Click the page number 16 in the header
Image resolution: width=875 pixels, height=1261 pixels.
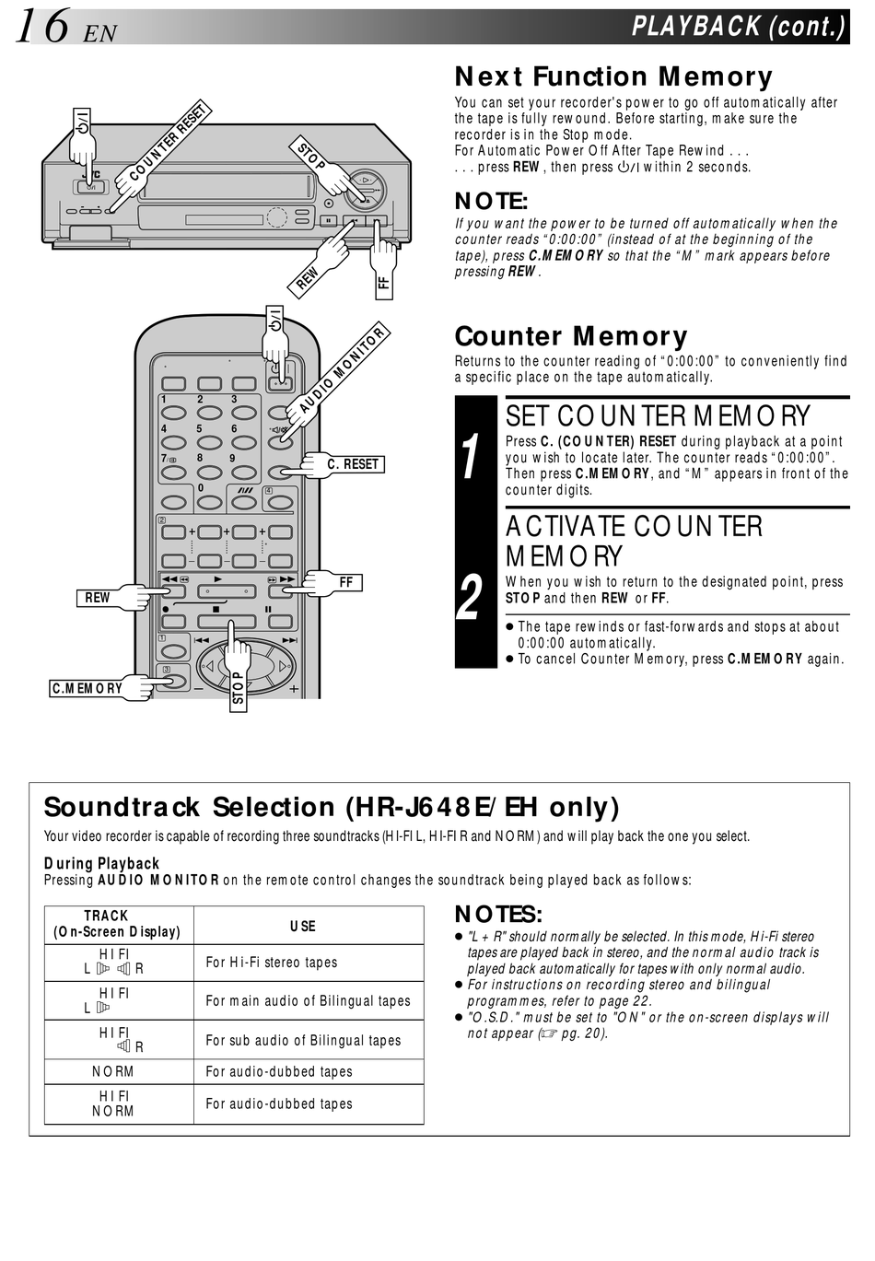(x=41, y=26)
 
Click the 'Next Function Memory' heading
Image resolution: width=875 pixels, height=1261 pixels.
(x=613, y=76)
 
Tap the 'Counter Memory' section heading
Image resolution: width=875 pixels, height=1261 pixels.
(x=571, y=336)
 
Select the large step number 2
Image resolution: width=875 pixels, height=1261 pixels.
(x=471, y=598)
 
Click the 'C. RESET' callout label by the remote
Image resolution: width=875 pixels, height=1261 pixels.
(x=354, y=464)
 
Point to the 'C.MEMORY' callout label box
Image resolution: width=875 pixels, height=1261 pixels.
(x=87, y=688)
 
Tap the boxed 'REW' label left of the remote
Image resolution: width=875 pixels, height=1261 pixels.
(x=98, y=598)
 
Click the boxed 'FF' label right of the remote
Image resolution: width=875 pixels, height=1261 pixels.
(x=346, y=582)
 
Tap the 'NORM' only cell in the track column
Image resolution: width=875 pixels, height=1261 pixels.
(x=113, y=1071)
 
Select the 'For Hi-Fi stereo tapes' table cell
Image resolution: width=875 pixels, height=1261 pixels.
(x=272, y=962)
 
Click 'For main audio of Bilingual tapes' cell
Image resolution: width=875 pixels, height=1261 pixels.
(x=308, y=1000)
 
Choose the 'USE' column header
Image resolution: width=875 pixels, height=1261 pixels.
(x=303, y=926)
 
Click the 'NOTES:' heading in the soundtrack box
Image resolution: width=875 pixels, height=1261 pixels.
(x=498, y=914)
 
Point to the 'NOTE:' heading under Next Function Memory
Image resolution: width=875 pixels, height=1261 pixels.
(x=491, y=201)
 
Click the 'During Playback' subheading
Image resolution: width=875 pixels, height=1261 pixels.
(x=102, y=863)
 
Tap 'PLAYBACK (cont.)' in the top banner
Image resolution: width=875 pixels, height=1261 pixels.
(x=738, y=26)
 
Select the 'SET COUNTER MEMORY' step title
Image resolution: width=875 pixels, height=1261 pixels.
(x=658, y=415)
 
